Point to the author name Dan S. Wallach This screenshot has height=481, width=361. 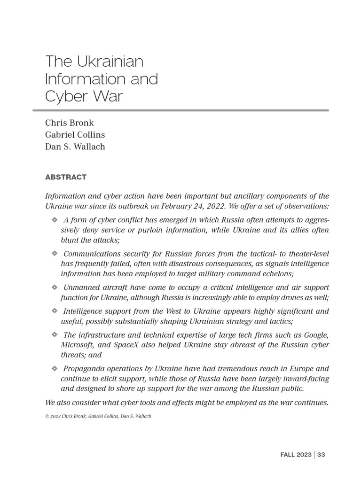(x=75, y=147)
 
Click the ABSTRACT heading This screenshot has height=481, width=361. (x=66, y=177)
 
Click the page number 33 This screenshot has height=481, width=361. (x=322, y=455)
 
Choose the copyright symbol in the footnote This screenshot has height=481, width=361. (x=47, y=416)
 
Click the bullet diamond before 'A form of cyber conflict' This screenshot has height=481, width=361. (x=54, y=220)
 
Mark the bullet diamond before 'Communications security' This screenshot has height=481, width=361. (x=54, y=254)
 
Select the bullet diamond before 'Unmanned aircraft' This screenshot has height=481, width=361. (x=54, y=287)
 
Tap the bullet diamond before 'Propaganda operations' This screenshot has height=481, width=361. (x=54, y=368)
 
